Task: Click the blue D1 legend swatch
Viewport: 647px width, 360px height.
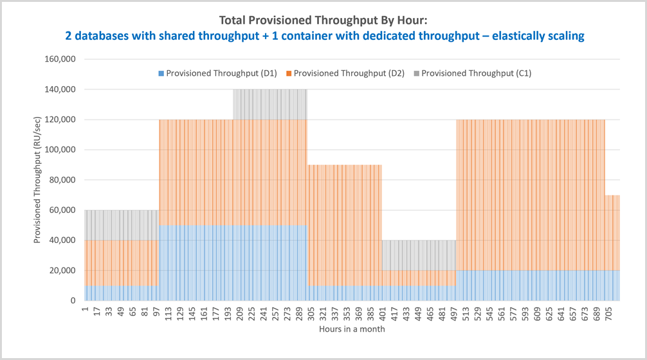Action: click(161, 73)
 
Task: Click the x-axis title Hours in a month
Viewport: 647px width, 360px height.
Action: click(352, 329)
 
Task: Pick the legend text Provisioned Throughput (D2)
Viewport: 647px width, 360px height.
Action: click(349, 73)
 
